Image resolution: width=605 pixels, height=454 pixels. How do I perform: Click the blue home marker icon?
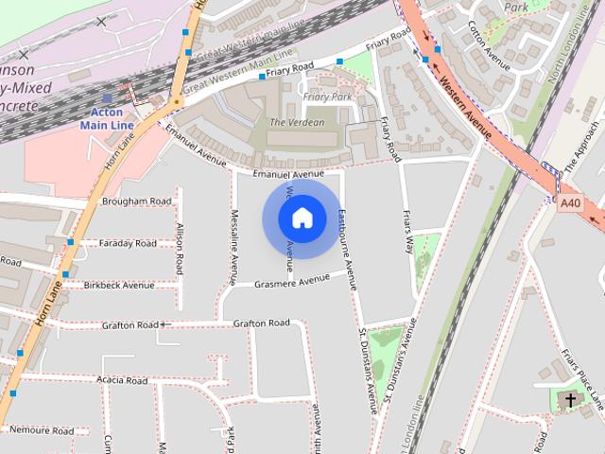pos(302,218)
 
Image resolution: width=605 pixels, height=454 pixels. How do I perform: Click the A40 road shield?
pos(570,202)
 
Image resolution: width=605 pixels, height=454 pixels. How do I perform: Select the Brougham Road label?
pos(137,201)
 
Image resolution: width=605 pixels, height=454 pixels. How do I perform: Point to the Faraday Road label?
pos(128,243)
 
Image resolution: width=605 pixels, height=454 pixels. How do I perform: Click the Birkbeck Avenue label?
pos(118,285)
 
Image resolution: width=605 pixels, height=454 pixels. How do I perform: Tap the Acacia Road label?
pos(122,380)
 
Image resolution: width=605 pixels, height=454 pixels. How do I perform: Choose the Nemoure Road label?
pos(42,430)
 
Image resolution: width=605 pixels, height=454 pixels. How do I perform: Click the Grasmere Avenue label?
pos(292,280)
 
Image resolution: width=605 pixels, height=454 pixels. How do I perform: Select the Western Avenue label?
pos(465,107)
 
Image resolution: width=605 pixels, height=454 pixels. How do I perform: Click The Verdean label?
pos(297,122)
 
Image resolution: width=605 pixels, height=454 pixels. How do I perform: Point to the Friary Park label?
pos(327,96)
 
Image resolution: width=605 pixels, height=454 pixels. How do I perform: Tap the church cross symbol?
pos(570,400)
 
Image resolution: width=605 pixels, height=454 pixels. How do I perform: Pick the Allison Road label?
pos(180,247)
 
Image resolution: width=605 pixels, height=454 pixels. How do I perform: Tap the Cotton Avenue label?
pos(490,41)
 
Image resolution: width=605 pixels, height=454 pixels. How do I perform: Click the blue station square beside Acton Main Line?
pos(107,97)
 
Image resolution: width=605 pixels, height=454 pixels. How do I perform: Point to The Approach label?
pos(583,147)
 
